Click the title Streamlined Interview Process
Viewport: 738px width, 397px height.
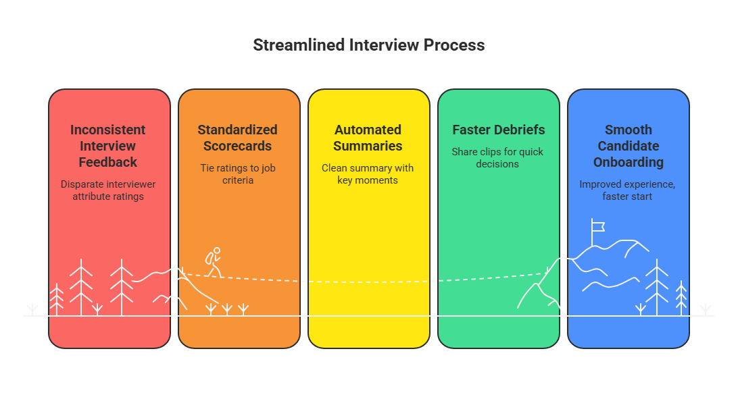click(368, 45)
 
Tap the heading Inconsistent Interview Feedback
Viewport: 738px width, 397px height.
click(108, 146)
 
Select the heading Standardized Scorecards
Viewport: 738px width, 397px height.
click(238, 138)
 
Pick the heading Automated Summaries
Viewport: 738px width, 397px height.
click(368, 138)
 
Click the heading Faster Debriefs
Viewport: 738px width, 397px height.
click(498, 130)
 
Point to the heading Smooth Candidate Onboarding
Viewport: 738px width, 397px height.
click(628, 146)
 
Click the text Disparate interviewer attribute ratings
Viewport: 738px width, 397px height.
click(108, 190)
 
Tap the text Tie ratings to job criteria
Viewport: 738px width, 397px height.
click(238, 174)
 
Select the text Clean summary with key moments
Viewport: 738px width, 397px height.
click(368, 174)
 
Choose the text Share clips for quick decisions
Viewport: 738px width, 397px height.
click(498, 158)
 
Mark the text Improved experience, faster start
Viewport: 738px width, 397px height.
click(628, 190)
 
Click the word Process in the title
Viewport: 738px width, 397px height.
click(454, 45)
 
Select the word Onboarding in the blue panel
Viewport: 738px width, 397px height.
click(628, 162)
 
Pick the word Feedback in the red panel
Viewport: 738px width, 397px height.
click(108, 162)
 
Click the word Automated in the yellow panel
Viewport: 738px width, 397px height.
click(368, 130)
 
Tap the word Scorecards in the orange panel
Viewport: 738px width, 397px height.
click(238, 146)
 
